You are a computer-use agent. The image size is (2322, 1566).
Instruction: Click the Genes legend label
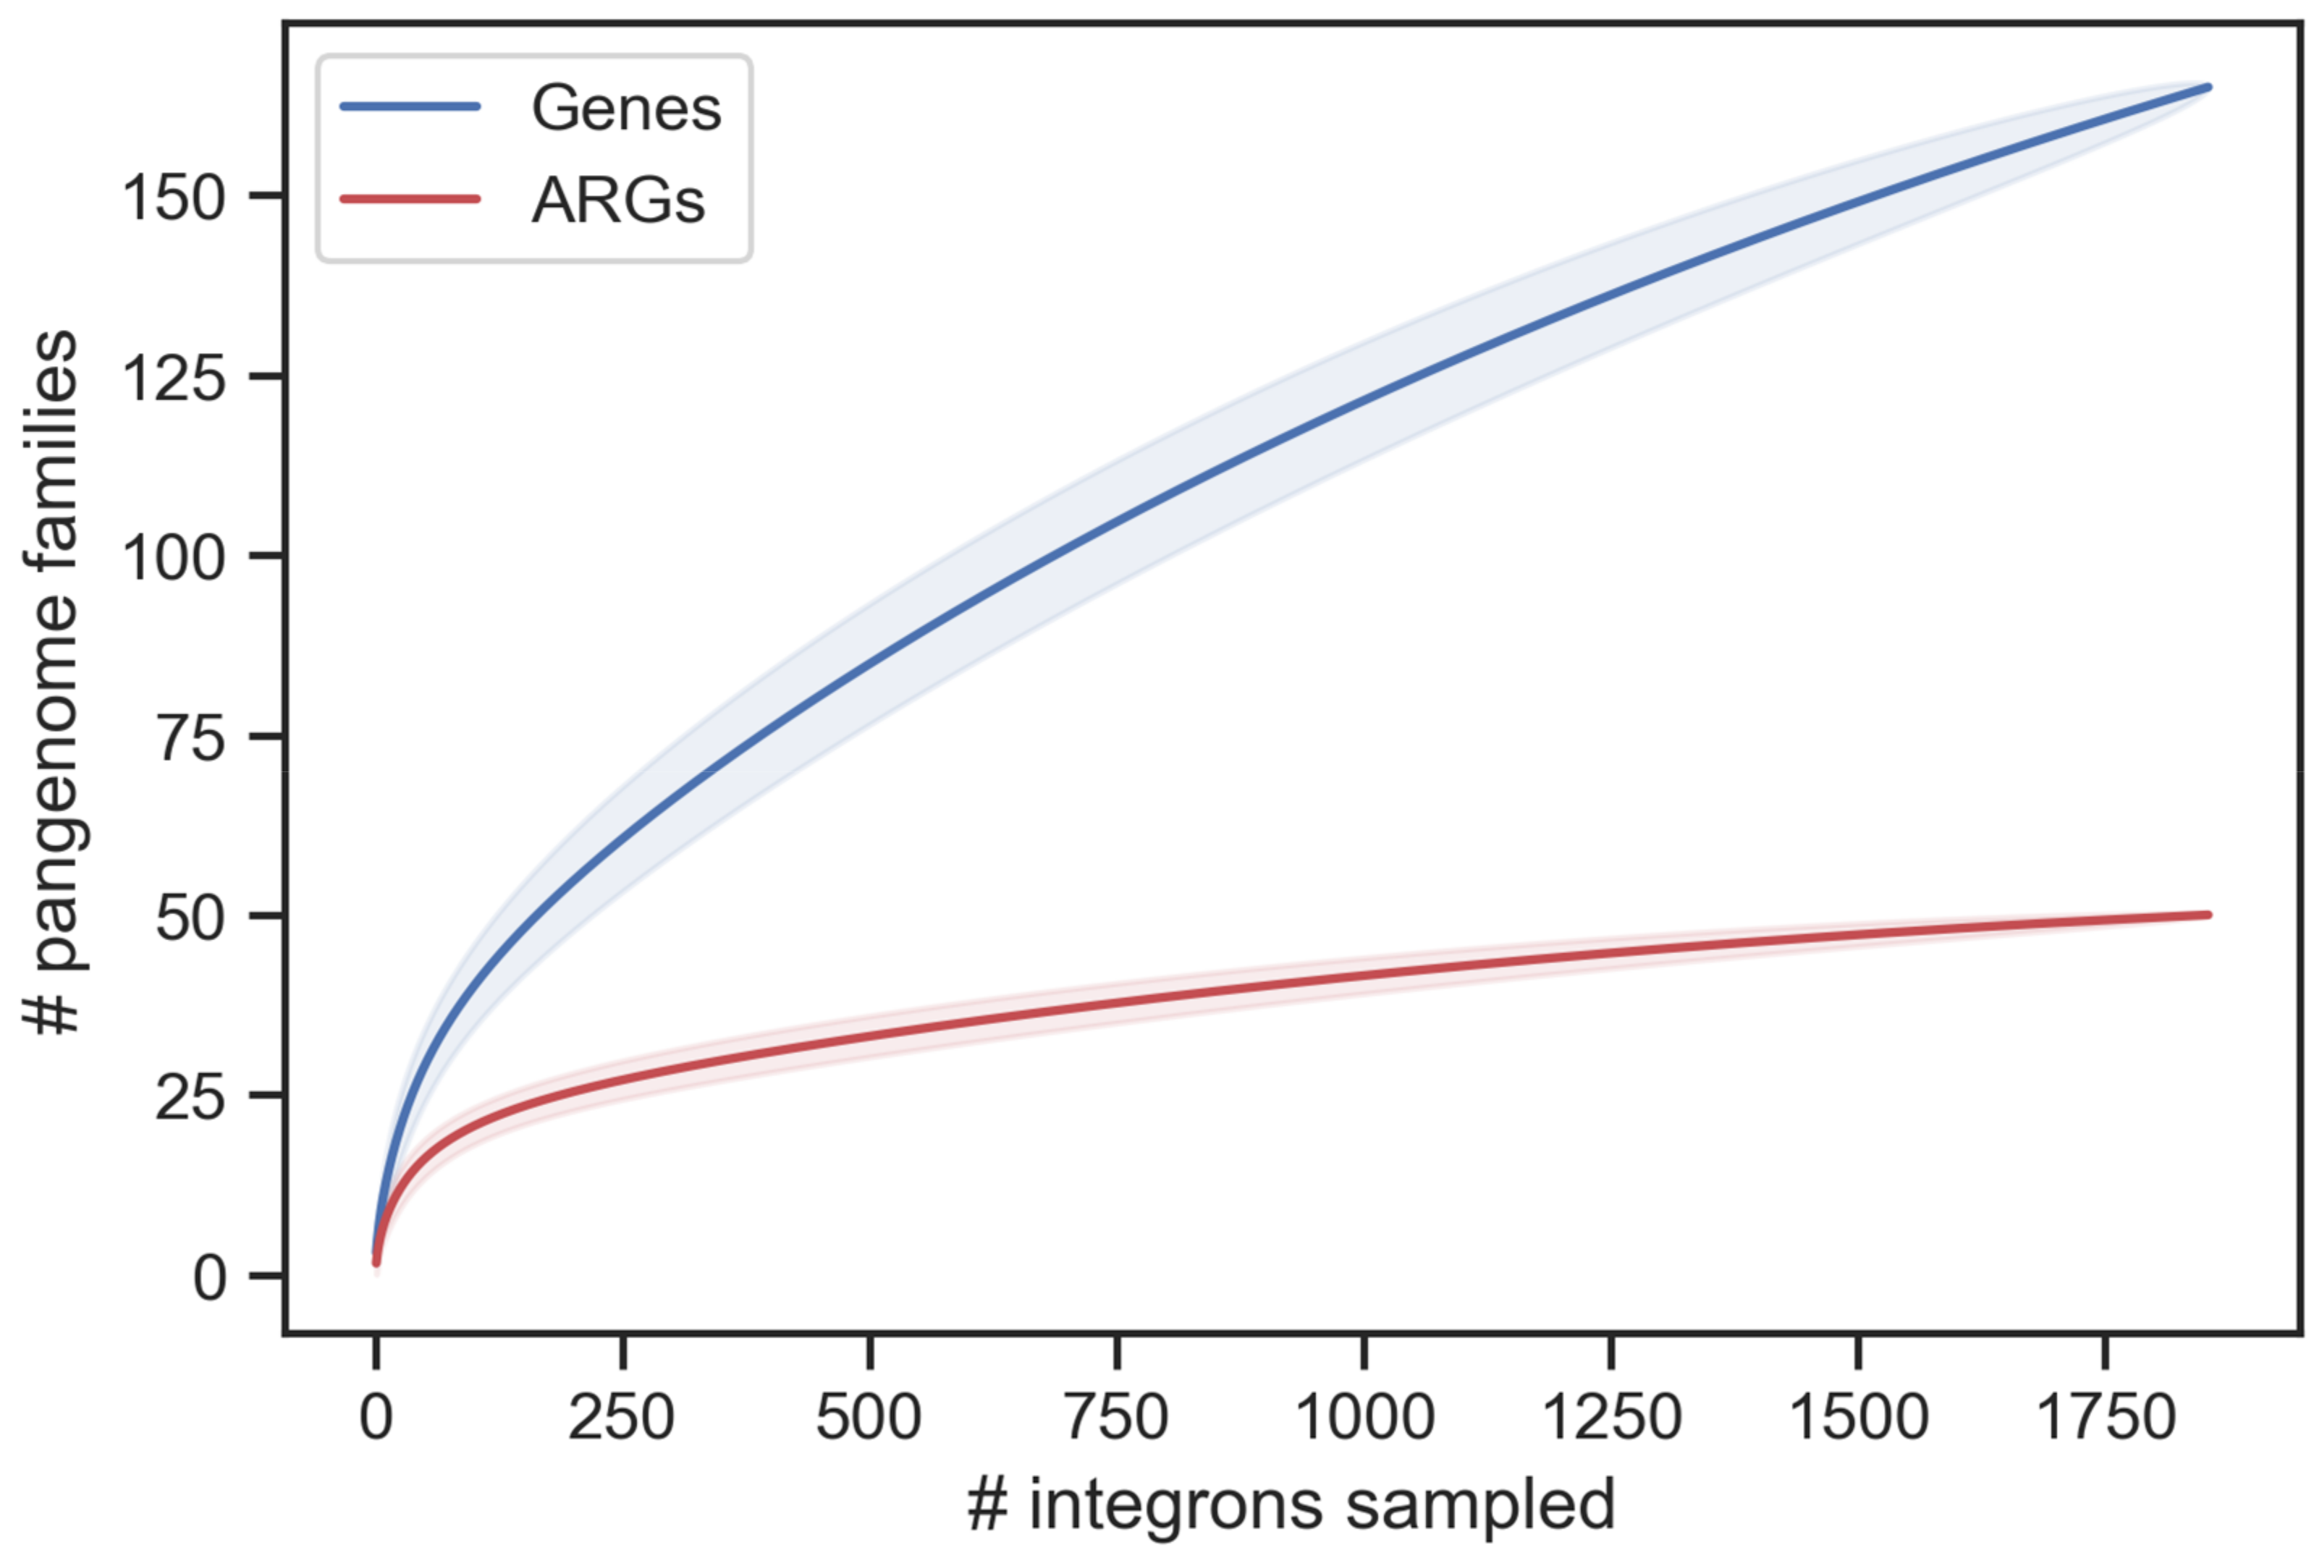[625, 108]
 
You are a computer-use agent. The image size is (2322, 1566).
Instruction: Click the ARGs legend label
[617, 200]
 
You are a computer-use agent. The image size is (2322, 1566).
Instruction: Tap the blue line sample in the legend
[410, 106]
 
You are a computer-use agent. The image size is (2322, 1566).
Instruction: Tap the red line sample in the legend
[410, 199]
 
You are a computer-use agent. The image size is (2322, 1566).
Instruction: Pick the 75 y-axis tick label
[190, 738]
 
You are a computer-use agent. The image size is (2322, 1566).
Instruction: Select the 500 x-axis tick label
[868, 1416]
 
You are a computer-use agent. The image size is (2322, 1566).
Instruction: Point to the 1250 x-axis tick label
[1611, 1416]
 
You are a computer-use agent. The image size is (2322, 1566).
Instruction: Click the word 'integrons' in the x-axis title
[1175, 1505]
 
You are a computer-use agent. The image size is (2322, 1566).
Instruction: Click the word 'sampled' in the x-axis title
[1479, 1505]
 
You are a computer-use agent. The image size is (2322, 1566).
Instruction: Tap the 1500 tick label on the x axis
[1857, 1416]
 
